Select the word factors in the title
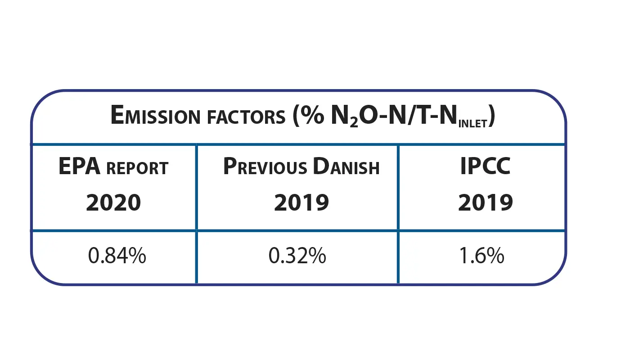click(x=243, y=117)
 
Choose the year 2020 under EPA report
click(x=113, y=203)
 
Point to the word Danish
click(x=346, y=167)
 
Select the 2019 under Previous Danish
click(x=301, y=203)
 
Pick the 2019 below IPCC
click(x=486, y=203)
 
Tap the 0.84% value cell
click(x=117, y=256)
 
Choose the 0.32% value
click(x=297, y=256)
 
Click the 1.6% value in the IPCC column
click(x=481, y=256)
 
